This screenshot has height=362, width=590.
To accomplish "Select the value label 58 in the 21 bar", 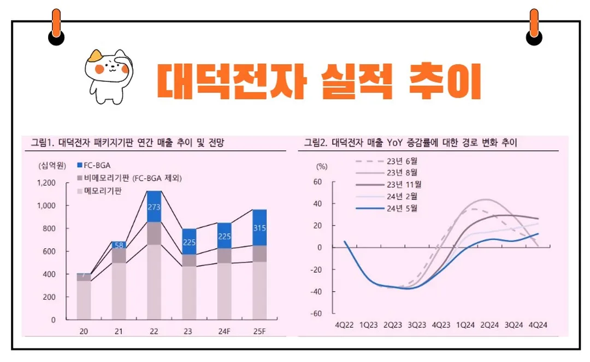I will coord(118,245).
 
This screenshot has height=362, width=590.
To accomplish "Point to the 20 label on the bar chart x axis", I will coord(83,332).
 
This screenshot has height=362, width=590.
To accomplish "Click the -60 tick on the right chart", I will coord(315,314).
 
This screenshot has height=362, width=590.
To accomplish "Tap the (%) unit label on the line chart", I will coord(322,166).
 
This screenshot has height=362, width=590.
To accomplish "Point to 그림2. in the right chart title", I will coord(316,143).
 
